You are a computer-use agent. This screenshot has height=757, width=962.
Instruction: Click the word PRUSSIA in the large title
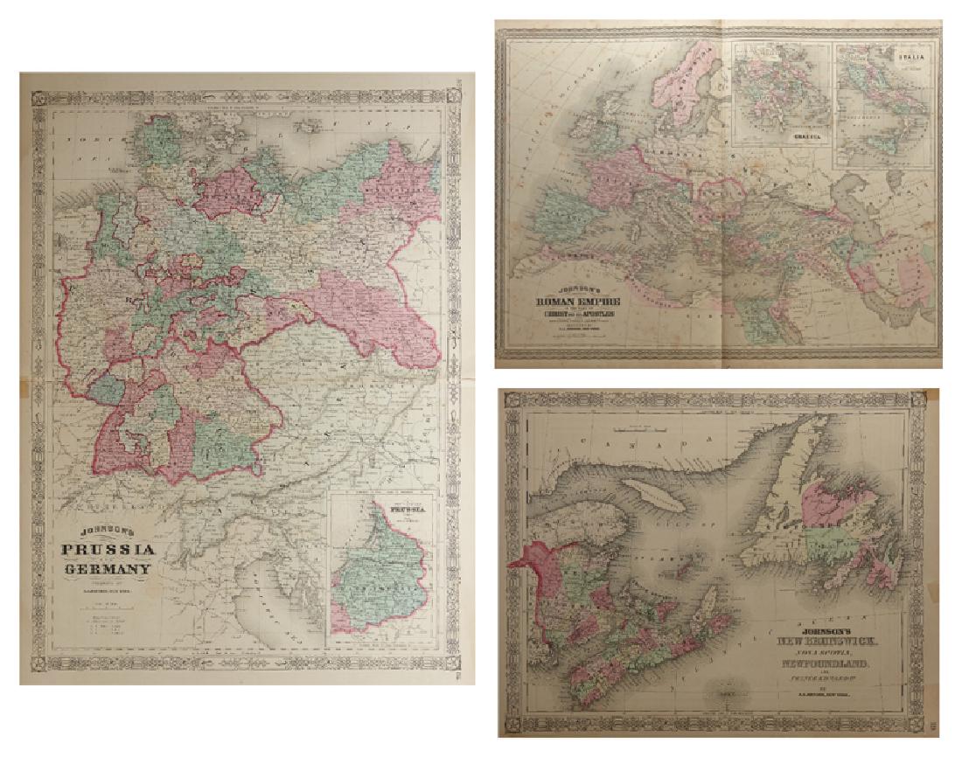[108, 550]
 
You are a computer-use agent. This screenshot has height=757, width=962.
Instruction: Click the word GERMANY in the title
[108, 570]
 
